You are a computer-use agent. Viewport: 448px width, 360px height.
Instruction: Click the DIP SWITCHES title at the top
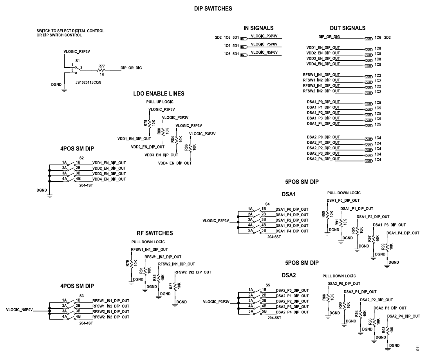[213, 9]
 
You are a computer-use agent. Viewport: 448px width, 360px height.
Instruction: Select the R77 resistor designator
[101, 66]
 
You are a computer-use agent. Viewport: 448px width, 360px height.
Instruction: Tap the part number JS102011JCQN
[88, 77]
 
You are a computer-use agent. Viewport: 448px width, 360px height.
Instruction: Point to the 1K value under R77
[101, 74]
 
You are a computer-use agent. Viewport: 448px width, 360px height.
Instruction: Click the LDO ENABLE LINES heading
[159, 94]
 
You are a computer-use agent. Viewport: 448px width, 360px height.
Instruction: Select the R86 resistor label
[186, 148]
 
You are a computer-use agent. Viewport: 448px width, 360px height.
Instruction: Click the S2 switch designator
[81, 157]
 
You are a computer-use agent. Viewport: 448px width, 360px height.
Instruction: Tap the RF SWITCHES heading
[155, 233]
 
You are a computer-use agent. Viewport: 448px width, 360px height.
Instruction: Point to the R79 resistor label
[127, 263]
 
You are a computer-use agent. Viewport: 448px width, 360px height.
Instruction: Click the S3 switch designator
[81, 296]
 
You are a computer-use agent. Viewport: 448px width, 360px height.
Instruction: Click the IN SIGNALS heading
[258, 28]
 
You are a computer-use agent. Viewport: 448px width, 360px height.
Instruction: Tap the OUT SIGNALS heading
[347, 28]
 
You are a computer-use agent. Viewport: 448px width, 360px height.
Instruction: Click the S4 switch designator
[267, 204]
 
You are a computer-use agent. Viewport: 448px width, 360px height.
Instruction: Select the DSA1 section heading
[289, 194]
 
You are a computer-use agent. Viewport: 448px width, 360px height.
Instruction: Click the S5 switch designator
[268, 285]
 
